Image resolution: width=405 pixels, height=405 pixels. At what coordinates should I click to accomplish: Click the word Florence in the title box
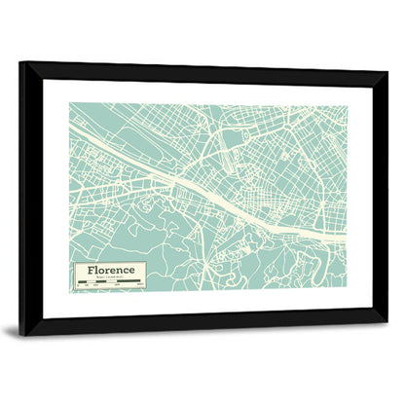pyautogui.click(x=108, y=269)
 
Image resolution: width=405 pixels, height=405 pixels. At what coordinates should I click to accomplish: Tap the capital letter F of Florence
pyautogui.click(x=90, y=269)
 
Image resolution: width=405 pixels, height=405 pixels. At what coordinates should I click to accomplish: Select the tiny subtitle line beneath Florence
pyautogui.click(x=108, y=277)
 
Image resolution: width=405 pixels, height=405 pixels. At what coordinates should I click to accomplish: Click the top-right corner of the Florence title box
pyautogui.click(x=146, y=262)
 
